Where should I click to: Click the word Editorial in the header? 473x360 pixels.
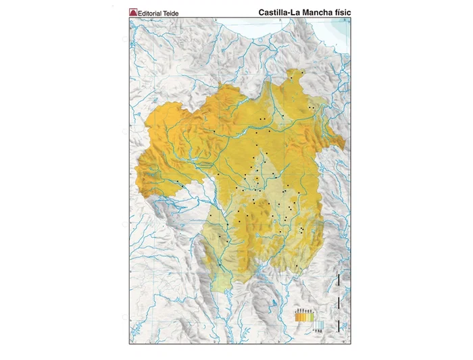(x=149, y=13)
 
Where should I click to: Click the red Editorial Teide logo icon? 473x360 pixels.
(x=132, y=13)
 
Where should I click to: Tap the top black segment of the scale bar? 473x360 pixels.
(x=337, y=279)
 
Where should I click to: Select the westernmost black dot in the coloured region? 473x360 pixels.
(x=178, y=181)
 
